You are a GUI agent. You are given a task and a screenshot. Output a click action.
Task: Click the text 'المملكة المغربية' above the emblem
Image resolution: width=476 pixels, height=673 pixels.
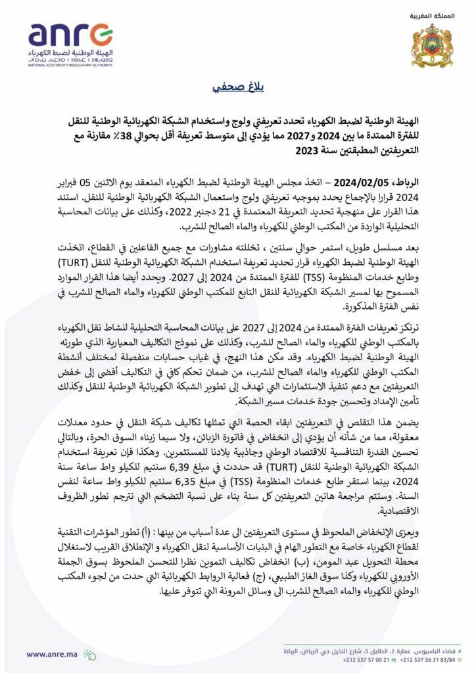pyautogui.click(x=431, y=14)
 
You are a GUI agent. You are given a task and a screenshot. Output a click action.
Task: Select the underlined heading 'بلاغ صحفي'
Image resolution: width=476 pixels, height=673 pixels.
pyautogui.click(x=238, y=88)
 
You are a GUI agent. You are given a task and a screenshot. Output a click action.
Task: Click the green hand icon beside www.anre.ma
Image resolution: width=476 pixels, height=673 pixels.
pyautogui.click(x=89, y=654)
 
